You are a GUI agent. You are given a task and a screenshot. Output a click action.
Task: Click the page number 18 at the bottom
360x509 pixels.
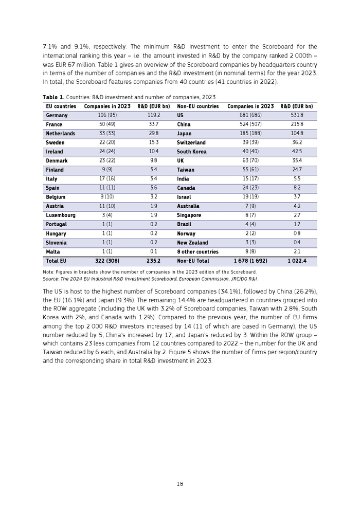click(x=180, y=484)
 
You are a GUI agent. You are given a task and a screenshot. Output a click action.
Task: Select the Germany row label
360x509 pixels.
click(x=57, y=116)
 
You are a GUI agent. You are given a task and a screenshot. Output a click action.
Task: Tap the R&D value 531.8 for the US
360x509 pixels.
click(x=298, y=116)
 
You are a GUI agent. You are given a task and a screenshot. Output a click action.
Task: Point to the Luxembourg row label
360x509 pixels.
click(x=61, y=215)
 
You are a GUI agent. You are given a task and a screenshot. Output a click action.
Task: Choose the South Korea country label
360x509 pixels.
click(x=192, y=152)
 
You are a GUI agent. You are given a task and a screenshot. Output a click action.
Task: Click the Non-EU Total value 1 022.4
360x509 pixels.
click(x=297, y=261)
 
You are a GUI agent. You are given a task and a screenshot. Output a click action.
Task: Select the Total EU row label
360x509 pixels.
click(x=56, y=261)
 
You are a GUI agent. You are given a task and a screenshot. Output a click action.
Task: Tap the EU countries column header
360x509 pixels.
click(x=61, y=106)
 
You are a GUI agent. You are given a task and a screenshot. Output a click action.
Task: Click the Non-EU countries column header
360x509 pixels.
click(x=198, y=106)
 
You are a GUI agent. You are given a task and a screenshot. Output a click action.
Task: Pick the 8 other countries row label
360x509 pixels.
click(x=198, y=252)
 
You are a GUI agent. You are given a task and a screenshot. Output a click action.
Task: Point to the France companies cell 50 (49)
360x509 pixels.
click(x=107, y=124)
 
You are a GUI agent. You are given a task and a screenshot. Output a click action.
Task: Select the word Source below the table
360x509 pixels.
click(x=50, y=279)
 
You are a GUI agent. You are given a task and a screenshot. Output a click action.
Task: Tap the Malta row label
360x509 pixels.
click(x=53, y=252)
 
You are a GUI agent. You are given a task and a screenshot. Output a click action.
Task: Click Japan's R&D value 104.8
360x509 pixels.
click(x=298, y=134)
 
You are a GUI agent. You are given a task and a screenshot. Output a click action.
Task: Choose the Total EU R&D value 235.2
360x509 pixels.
click(x=153, y=261)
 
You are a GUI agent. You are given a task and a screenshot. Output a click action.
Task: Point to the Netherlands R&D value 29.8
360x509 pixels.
click(x=153, y=134)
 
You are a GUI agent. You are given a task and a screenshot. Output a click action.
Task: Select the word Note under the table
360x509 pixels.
click(x=48, y=272)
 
